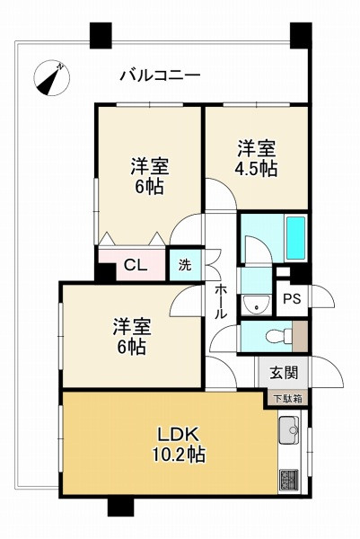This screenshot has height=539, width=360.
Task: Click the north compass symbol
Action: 51,77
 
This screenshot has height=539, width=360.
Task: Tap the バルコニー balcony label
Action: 160,75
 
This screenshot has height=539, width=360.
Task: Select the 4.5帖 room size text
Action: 256,169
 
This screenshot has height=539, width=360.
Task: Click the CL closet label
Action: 136,265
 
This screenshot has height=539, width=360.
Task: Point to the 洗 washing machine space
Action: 185,265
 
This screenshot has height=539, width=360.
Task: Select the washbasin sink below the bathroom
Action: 256,304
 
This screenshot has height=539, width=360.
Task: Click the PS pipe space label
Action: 292,299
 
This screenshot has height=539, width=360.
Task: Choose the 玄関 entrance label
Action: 284,373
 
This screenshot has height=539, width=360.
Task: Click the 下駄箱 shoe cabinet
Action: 288,399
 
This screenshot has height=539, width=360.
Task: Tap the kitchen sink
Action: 289,430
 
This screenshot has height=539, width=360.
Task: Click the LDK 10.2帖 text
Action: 179,445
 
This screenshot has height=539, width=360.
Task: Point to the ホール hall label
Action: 221,302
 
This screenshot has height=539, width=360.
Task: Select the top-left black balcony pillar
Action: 101,35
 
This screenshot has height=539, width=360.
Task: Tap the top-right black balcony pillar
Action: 301,35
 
